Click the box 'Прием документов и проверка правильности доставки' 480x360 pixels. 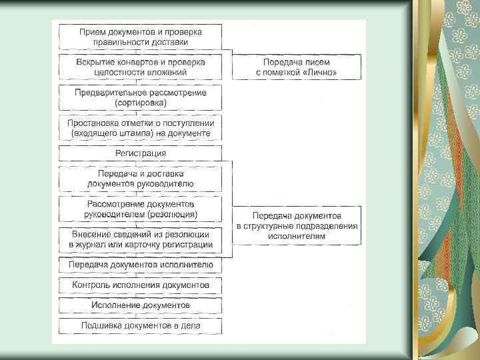coord(141,36)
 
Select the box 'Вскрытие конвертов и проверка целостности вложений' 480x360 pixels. coord(141,67)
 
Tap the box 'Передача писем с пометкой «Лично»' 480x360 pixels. coord(297,67)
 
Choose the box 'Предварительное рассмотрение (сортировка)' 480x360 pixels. coord(141,97)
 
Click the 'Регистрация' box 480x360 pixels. coord(141,153)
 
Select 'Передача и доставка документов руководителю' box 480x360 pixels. coord(141,178)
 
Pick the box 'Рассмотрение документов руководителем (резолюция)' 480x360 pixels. coord(141,209)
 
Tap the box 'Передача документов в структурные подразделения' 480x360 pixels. coord(297,225)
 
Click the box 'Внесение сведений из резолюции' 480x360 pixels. coord(141,239)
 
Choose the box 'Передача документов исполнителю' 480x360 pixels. coord(141,265)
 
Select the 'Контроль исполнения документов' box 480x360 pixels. coord(141,285)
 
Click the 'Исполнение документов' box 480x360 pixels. coord(141,305)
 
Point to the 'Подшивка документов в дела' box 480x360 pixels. coord(141,325)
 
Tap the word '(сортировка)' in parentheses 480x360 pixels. coord(141,103)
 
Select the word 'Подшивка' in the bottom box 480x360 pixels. coord(102,325)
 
